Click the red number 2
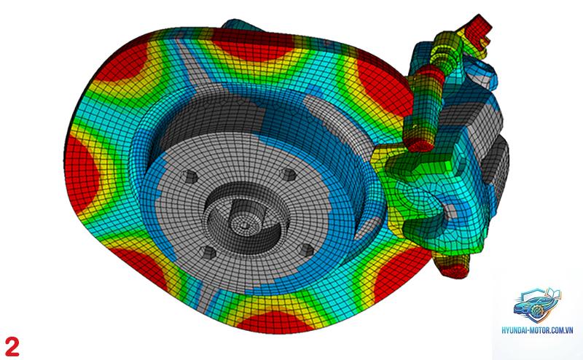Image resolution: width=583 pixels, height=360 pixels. click(x=12, y=347)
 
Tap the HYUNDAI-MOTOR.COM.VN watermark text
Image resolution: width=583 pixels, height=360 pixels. click(x=537, y=330)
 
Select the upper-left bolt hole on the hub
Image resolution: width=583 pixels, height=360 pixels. click(x=190, y=176)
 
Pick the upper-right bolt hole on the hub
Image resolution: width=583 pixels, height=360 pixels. click(x=289, y=174)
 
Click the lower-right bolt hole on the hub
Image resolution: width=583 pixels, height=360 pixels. click(x=307, y=250)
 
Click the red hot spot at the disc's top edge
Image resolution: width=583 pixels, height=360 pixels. click(x=253, y=44)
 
